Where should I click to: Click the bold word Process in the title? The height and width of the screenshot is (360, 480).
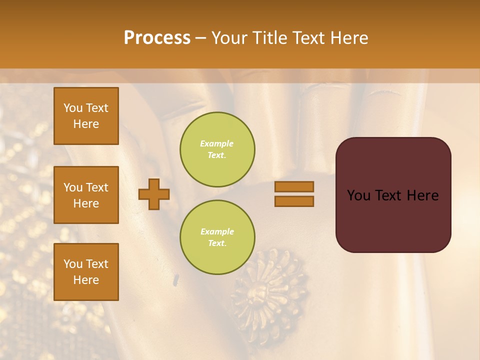point(157,38)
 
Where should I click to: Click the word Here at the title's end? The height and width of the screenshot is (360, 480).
point(349,38)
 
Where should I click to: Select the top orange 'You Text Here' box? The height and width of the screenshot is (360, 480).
point(86,116)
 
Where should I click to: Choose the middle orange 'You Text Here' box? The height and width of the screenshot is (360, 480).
point(86,195)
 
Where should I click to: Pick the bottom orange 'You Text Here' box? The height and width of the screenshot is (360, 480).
point(86,272)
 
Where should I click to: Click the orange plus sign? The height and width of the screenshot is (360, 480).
point(154,194)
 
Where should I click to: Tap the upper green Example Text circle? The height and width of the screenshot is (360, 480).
point(217,149)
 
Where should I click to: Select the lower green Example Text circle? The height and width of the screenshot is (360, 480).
point(217,237)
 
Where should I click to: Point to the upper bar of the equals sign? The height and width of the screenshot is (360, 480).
point(294,186)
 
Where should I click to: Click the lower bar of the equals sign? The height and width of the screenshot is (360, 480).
point(294,201)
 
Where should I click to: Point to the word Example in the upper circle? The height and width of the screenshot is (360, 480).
point(217,144)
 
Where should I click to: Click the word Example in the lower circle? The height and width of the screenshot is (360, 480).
point(217,232)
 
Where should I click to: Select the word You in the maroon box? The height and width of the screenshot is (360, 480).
point(358,195)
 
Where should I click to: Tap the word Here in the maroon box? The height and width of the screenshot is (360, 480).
point(422,195)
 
